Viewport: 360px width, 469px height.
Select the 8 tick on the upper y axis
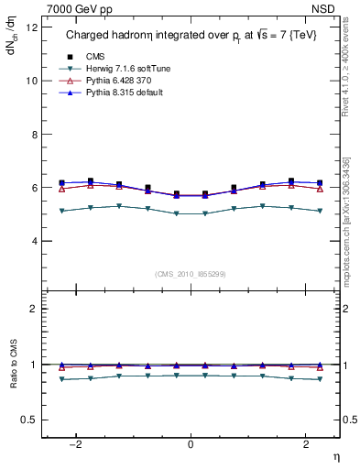[33, 134]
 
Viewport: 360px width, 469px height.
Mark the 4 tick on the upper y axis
[33, 241]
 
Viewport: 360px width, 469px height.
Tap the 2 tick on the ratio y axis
[33, 309]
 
